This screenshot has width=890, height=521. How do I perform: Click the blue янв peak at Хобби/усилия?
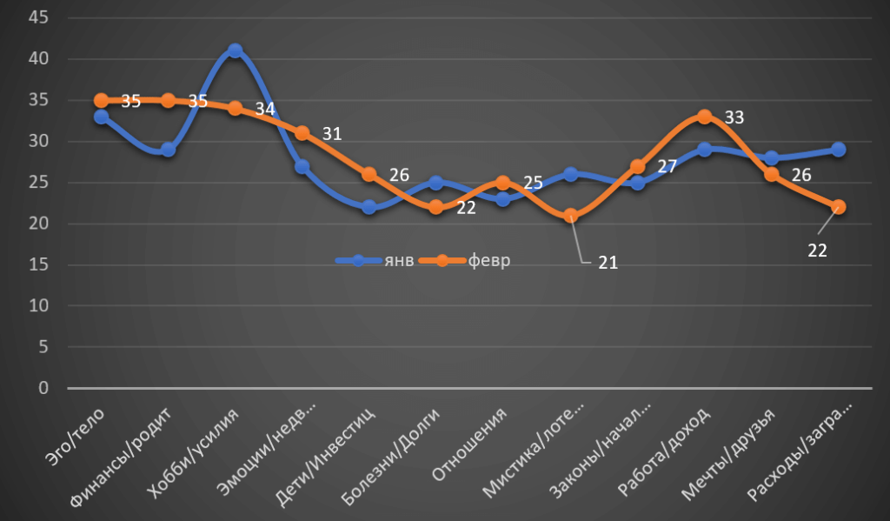coord(235,51)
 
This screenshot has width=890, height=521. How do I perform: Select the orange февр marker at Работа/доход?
coord(704,117)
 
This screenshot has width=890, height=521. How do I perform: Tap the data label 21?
coord(607,262)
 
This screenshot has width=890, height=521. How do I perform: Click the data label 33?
coord(734,117)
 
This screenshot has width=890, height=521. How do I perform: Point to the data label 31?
coord(332,134)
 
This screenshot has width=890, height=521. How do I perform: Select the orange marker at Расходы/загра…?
coord(838,207)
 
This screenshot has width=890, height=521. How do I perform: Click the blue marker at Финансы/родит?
coord(168,150)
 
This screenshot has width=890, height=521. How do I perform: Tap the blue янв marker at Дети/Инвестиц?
coord(369,207)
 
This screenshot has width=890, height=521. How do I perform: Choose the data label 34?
coord(264,110)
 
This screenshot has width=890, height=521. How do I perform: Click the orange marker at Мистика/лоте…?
coord(570,216)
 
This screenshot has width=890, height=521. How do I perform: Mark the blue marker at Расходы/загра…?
coord(838,150)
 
